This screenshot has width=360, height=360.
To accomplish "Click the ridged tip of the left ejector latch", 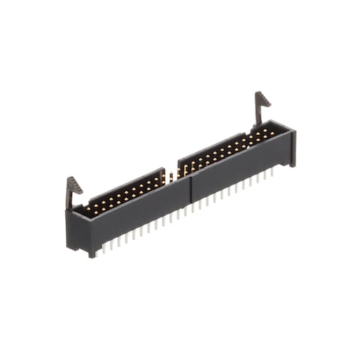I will click(x=74, y=183).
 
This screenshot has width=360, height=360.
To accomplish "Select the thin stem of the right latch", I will click(x=258, y=116).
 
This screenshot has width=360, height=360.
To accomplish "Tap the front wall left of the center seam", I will click(x=142, y=214).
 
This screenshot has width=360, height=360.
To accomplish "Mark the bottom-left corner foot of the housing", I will click(x=91, y=253).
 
